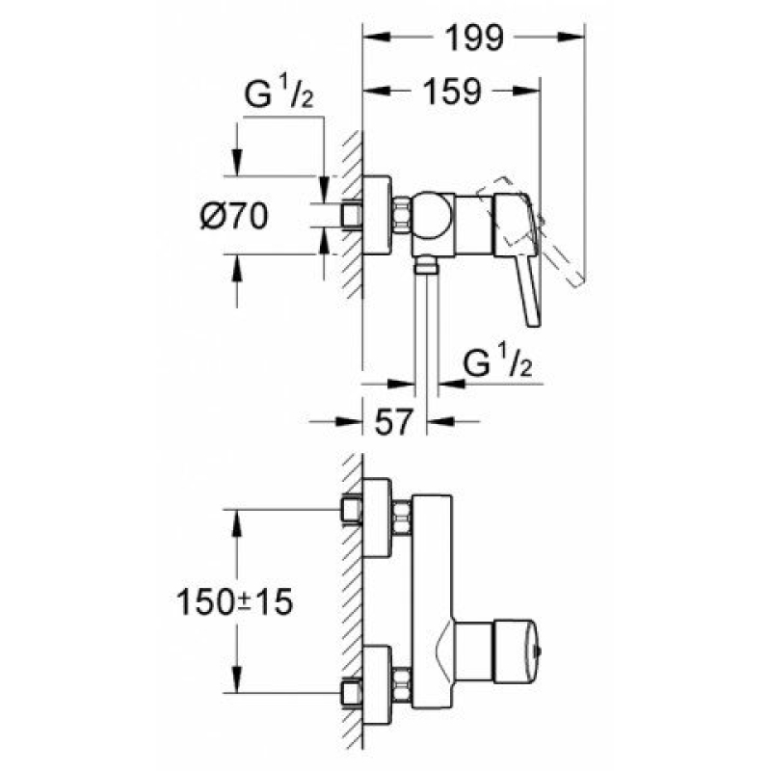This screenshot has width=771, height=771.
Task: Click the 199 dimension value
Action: coord(474,38)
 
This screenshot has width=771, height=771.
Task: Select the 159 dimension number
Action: coord(452,92)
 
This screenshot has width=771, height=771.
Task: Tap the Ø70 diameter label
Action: coord(234,216)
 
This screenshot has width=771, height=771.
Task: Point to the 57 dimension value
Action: coord(392,421)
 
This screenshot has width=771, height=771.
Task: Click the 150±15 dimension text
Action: coord(234,602)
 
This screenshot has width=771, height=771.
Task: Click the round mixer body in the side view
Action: coord(431,215)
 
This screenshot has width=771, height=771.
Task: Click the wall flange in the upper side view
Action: coord(377,215)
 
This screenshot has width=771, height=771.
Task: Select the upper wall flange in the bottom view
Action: coord(377,518)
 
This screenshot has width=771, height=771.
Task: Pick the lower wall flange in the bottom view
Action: coord(377,685)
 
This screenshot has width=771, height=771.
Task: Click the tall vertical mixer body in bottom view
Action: coord(432,601)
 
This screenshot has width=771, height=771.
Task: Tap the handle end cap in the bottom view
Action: coord(517,652)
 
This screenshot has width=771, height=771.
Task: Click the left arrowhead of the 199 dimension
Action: coord(376,37)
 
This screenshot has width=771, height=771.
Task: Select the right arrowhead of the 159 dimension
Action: coord(526,91)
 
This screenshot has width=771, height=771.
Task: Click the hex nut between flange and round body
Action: coord(402,215)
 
